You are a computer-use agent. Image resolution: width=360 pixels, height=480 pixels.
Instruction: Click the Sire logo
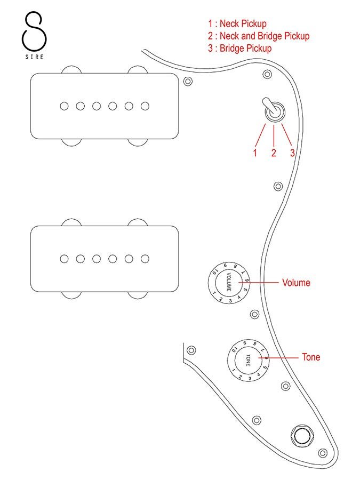click(x=34, y=35)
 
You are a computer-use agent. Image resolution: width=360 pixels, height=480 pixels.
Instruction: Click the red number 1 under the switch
click(x=255, y=153)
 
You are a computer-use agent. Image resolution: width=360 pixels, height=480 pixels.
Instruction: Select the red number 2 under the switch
click(x=274, y=153)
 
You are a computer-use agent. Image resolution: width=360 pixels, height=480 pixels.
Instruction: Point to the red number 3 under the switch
click(x=293, y=153)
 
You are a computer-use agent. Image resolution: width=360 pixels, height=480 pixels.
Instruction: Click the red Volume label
click(x=296, y=283)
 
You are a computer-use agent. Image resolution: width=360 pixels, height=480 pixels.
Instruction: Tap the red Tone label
click(x=311, y=357)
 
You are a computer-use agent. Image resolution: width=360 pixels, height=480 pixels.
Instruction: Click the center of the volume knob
click(x=229, y=283)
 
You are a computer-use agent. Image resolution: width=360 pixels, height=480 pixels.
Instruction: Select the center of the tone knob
click(x=248, y=360)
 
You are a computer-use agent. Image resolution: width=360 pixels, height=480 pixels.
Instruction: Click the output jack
click(x=302, y=436)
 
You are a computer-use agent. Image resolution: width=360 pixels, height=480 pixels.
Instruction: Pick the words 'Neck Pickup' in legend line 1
click(x=243, y=23)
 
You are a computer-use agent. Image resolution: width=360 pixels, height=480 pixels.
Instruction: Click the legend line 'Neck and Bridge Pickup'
click(x=259, y=36)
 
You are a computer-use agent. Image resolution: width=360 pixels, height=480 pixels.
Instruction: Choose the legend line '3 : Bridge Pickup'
click(x=239, y=48)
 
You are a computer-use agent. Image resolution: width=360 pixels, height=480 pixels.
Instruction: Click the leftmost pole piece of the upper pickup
click(x=65, y=106)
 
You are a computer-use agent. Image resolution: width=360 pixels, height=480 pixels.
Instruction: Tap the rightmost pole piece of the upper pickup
click(x=145, y=106)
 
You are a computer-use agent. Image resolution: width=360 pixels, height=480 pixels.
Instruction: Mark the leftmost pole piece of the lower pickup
click(x=65, y=259)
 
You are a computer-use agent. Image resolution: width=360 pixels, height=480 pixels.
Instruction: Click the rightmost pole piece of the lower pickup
click(x=145, y=259)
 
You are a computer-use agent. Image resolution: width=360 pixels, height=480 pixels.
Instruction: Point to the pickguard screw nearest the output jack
click(x=323, y=453)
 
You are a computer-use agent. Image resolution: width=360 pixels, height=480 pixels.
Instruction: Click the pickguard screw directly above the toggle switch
click(x=267, y=74)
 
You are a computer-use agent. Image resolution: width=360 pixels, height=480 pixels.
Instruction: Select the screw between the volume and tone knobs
click(x=255, y=314)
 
